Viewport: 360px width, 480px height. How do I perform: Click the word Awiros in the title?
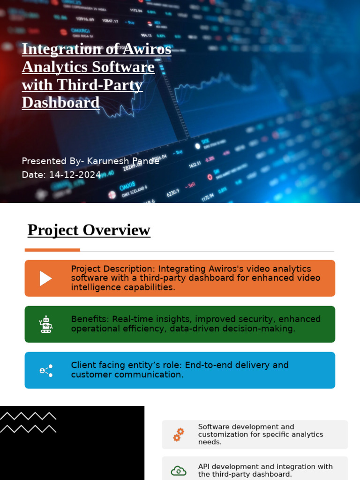143,49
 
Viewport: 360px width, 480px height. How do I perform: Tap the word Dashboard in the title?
60,103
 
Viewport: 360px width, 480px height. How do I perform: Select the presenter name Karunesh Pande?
123,161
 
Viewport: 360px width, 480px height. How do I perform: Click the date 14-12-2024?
75,175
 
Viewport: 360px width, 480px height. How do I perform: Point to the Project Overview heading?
89,230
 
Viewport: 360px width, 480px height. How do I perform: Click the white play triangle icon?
45,278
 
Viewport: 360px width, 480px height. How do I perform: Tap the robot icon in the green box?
45,324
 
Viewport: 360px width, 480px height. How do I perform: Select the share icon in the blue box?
46,370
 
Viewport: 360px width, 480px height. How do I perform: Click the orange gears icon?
179,435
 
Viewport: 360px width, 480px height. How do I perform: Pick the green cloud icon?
179,471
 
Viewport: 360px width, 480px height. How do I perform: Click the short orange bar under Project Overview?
52,250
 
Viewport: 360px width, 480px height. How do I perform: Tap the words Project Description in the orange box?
112,269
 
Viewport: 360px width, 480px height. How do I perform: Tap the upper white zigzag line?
28,416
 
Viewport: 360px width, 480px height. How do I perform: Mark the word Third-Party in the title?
100,85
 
